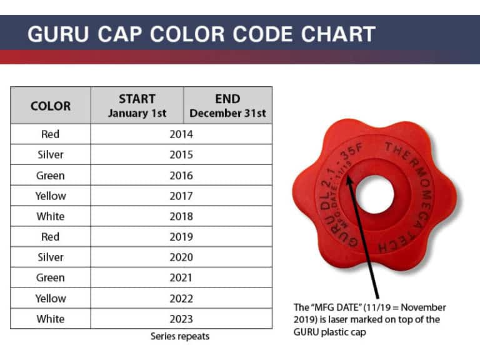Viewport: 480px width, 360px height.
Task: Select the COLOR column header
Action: coord(51,106)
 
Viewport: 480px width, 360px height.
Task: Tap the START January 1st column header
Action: coord(137,106)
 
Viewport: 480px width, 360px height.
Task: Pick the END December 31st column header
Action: coord(227,106)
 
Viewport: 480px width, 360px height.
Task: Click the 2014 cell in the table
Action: coord(181,134)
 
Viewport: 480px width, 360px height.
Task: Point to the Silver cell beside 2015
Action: coord(51,154)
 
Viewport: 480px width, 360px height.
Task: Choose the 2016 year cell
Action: coord(181,175)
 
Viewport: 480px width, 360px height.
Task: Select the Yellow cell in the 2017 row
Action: coord(51,196)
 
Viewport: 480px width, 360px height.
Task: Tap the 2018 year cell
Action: coord(181,216)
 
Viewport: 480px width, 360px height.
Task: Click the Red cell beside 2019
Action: coord(51,237)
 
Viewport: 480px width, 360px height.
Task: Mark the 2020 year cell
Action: coord(181,257)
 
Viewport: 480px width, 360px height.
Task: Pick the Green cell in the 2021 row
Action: coord(51,277)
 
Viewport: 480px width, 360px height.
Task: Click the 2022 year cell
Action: coord(181,298)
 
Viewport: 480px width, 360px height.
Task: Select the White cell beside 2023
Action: coord(51,319)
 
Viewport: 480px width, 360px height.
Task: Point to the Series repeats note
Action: coord(180,336)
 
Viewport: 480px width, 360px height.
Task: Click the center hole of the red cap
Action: coord(375,194)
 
